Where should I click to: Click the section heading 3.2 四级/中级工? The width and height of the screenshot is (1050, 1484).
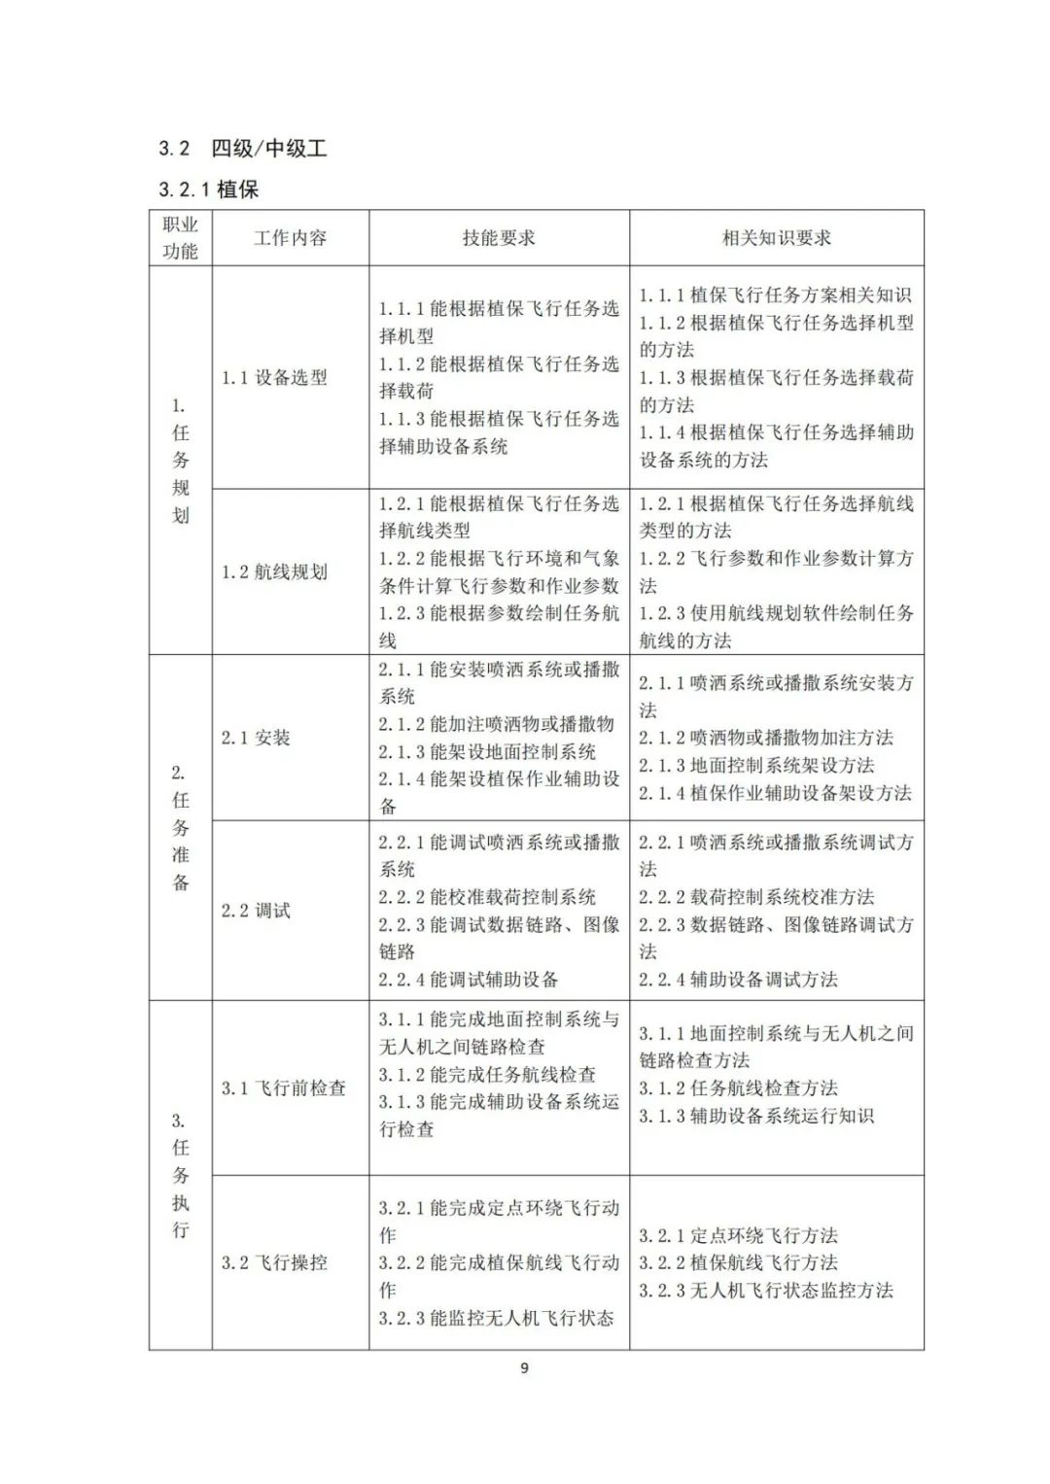pyautogui.click(x=242, y=149)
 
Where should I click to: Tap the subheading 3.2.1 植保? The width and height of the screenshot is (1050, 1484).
pyautogui.click(x=208, y=190)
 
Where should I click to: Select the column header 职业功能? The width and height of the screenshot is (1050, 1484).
pyautogui.click(x=180, y=238)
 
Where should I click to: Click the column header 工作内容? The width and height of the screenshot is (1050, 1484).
pyautogui.click(x=290, y=238)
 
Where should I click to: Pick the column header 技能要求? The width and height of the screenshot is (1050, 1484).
pyautogui.click(x=498, y=238)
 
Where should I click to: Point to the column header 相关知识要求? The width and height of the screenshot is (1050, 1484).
pyautogui.click(x=776, y=238)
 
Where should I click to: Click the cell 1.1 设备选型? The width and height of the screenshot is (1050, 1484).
pyautogui.click(x=274, y=378)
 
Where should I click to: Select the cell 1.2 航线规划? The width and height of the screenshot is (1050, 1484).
pyautogui.click(x=274, y=572)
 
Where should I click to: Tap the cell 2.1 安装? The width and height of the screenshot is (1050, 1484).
pyautogui.click(x=256, y=739)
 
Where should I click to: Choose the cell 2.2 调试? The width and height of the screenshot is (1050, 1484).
pyautogui.click(x=256, y=911)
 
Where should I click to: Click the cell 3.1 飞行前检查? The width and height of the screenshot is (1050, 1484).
pyautogui.click(x=283, y=1088)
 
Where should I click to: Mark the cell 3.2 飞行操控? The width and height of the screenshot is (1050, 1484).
pyautogui.click(x=274, y=1263)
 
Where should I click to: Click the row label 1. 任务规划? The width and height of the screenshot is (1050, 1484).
pyautogui.click(x=180, y=461)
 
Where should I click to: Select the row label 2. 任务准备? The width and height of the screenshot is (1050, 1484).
pyautogui.click(x=180, y=828)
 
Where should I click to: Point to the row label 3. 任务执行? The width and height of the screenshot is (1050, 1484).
pyautogui.click(x=180, y=1175)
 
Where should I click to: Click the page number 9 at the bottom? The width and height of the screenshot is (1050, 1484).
pyautogui.click(x=525, y=1368)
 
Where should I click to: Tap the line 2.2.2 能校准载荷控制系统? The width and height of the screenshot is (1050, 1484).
pyautogui.click(x=487, y=897)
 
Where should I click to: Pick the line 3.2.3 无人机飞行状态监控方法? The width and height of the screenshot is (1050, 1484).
pyautogui.click(x=765, y=1291)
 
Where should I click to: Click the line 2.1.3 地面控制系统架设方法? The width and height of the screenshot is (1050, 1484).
pyautogui.click(x=755, y=766)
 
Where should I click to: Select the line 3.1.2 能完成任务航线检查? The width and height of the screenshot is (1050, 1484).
pyautogui.click(x=487, y=1075)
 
